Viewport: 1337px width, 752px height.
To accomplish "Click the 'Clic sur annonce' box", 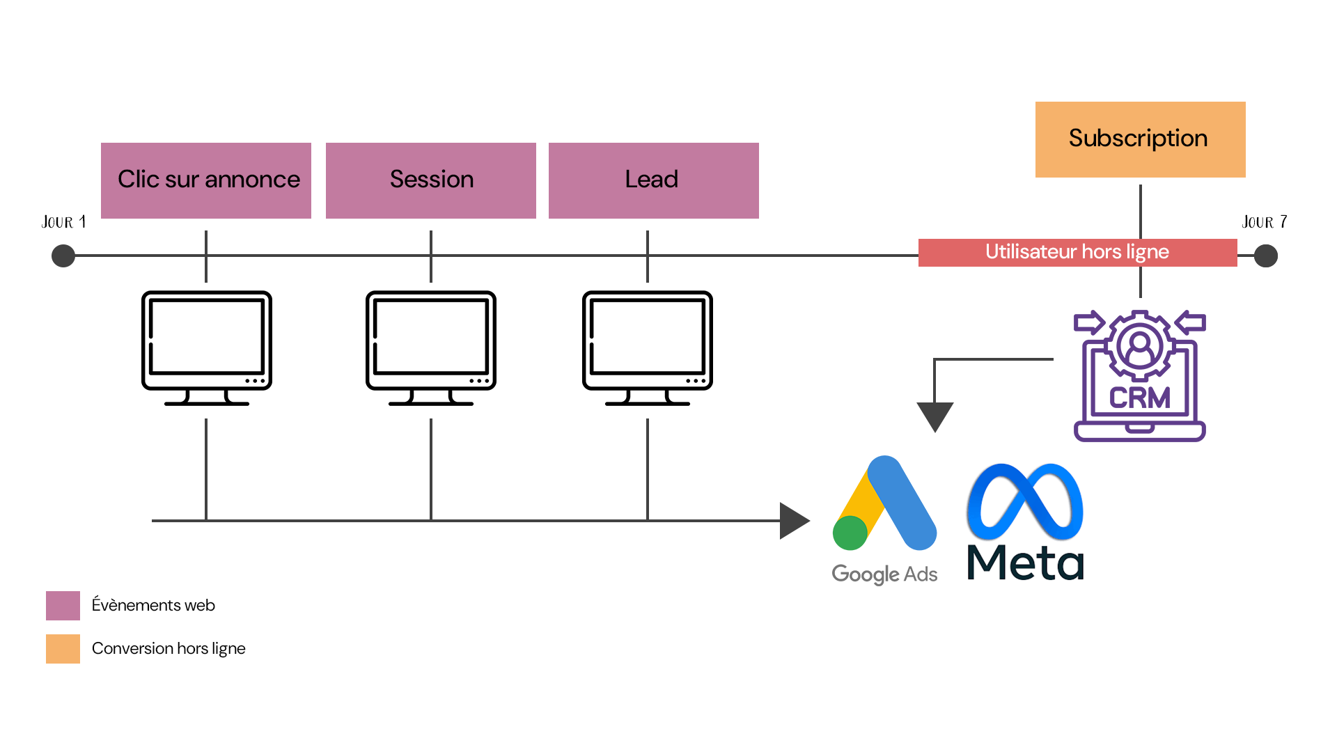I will point(206,180).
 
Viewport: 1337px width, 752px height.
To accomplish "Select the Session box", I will point(431,180).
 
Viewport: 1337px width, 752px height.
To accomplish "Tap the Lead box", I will point(653,180).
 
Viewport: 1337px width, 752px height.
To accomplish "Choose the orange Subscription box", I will point(1140,139).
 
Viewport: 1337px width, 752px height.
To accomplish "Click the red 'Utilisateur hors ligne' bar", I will point(1077,252).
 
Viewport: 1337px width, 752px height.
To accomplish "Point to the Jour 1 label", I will point(64,222).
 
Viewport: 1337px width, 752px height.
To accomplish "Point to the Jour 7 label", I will point(1264,222).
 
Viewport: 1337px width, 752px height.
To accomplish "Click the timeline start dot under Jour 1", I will point(63,256).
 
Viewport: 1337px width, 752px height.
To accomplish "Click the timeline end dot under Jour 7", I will point(1265,256).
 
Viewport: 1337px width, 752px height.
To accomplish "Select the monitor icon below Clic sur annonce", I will point(207,347).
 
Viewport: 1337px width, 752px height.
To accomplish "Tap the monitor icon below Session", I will point(431,347).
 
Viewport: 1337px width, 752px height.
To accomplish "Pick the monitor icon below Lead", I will point(648,347).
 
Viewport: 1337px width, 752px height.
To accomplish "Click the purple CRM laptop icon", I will point(1139,376).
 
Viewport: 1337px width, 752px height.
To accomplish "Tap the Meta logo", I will point(1025,522).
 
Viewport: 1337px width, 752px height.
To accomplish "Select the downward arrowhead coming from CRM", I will point(935,416).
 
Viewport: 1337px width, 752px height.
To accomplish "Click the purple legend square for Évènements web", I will point(63,605).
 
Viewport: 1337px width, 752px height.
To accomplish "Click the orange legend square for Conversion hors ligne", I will point(63,648).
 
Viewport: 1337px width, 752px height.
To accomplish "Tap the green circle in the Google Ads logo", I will point(850,533).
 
